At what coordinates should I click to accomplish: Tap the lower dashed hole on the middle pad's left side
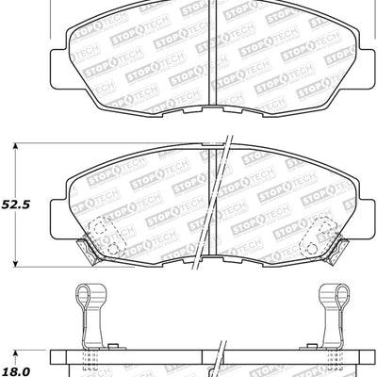coord(112,248)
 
